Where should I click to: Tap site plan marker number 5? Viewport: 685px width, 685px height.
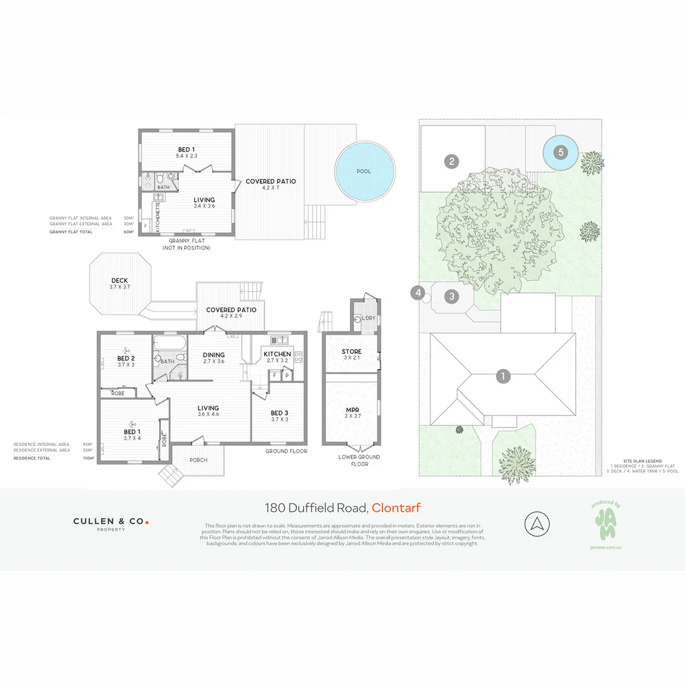[x=560, y=152]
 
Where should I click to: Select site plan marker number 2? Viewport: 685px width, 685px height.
[x=452, y=161]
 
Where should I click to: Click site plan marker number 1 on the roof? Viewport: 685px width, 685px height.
[x=502, y=376]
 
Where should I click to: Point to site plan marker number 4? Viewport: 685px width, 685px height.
[x=417, y=292]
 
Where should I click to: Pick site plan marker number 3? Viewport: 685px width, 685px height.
[x=452, y=296]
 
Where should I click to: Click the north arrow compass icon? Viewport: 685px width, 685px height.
[x=537, y=524]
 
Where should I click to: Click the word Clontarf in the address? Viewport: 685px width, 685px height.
[x=396, y=507]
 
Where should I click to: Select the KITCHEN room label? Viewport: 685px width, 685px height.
[x=277, y=354]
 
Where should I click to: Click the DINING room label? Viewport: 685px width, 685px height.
[x=214, y=355]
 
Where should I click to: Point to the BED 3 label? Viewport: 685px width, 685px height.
[x=279, y=412]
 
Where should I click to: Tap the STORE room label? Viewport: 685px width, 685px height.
[x=351, y=351]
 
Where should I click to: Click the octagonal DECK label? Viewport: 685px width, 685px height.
[x=120, y=280]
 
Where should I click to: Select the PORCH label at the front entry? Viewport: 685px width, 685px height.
[x=199, y=460]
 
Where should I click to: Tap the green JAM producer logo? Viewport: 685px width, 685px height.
[x=604, y=523]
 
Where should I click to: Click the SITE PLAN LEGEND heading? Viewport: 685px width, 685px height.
[x=642, y=461]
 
